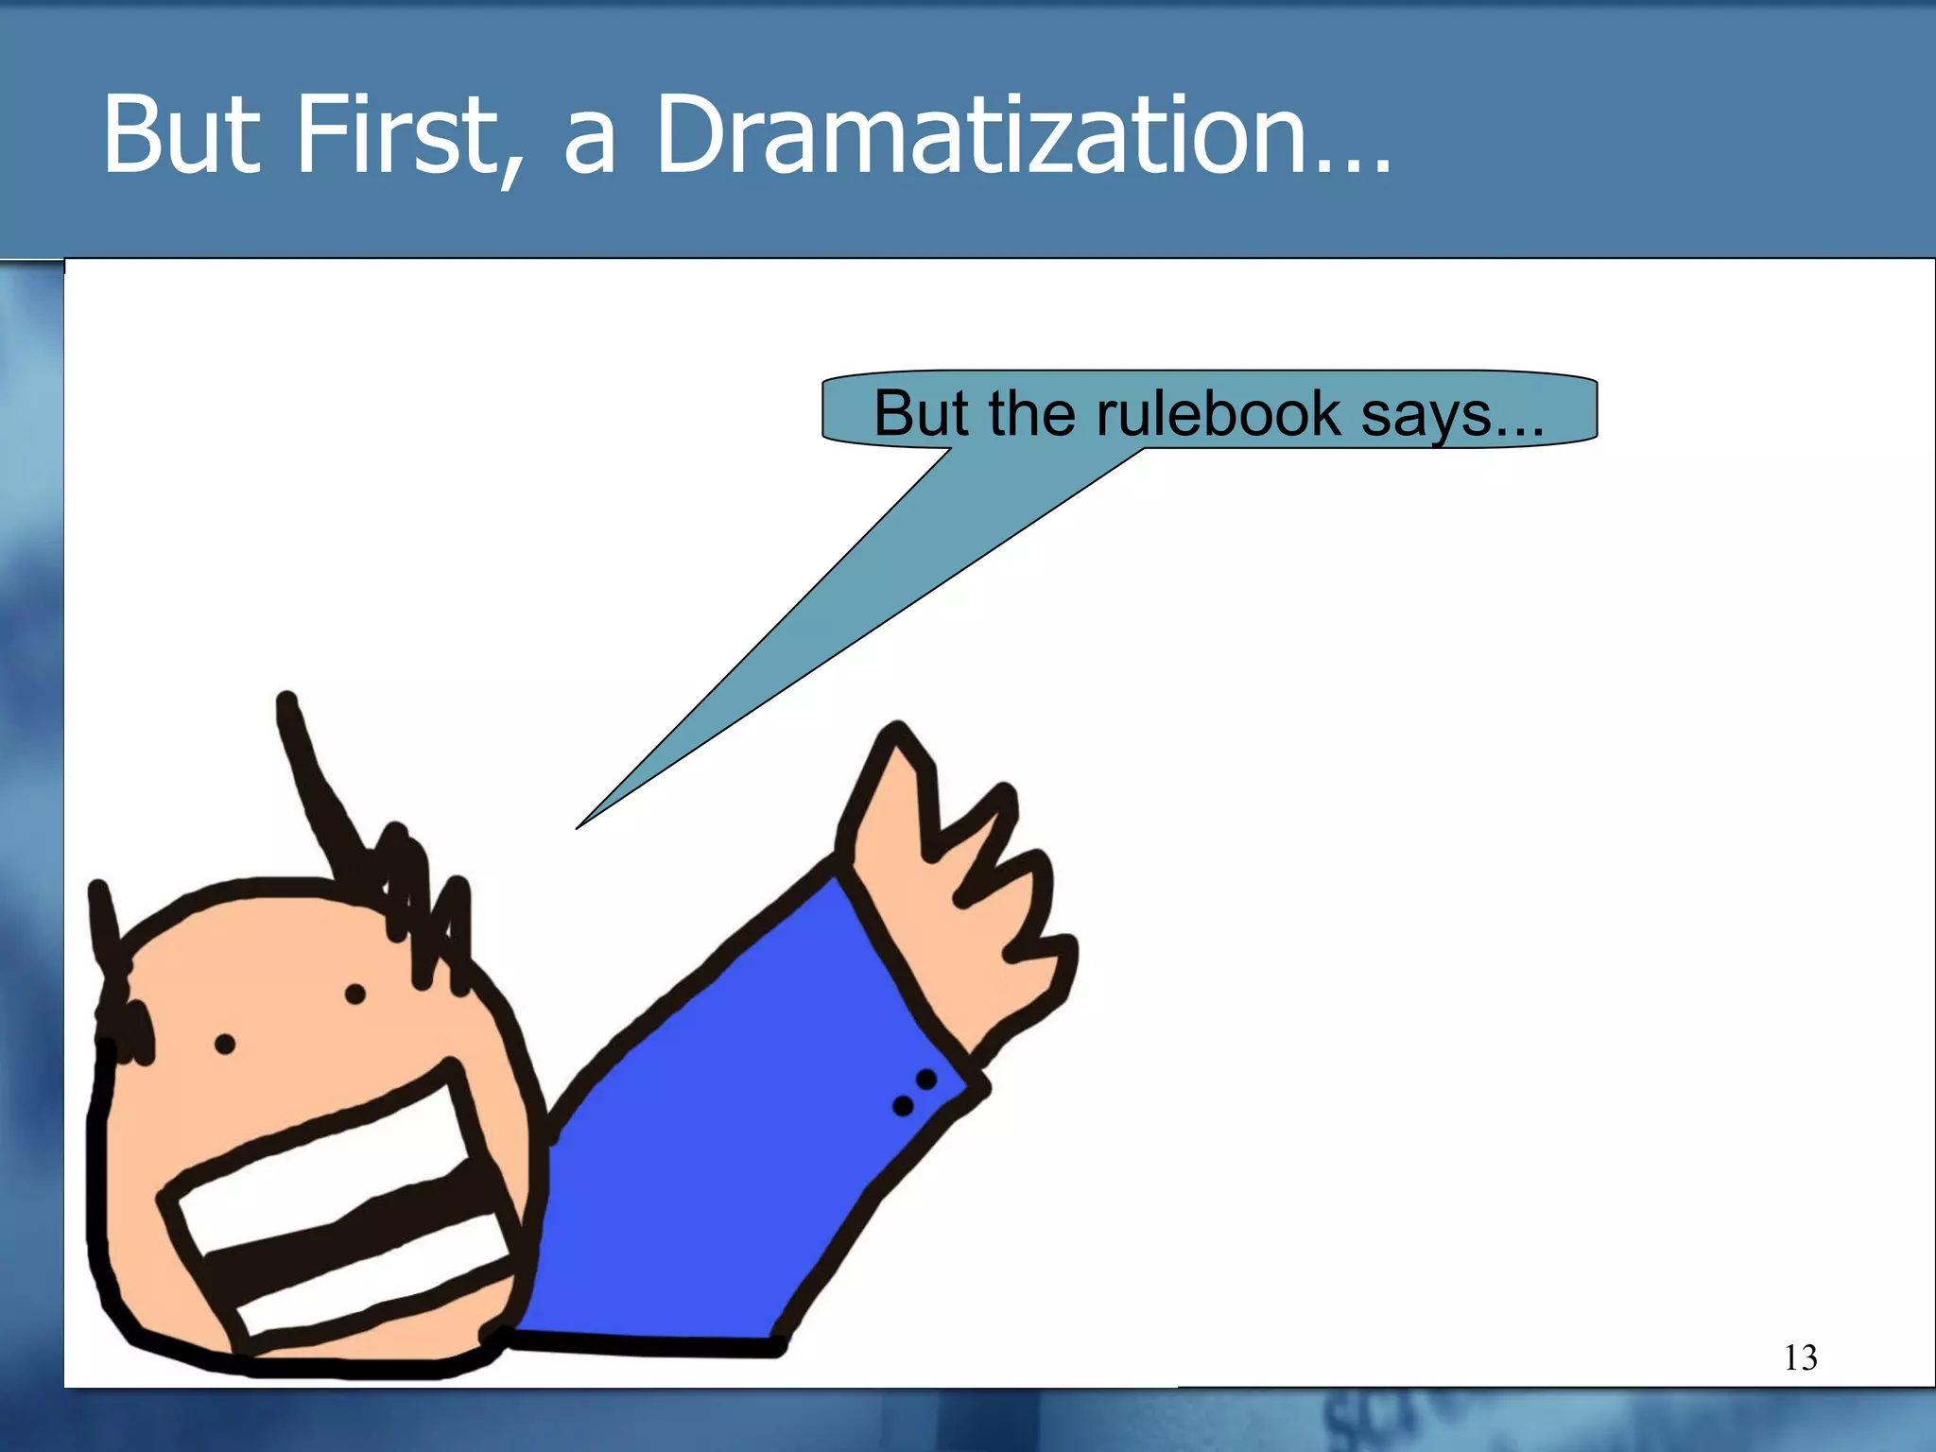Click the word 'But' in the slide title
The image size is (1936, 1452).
pos(181,134)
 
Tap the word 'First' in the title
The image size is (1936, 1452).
pos(397,134)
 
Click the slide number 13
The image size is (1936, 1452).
pos(1800,1357)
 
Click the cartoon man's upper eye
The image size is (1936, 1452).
pos(355,994)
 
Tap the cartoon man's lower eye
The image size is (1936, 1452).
pos(225,1045)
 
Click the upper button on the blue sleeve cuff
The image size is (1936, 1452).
pos(926,1079)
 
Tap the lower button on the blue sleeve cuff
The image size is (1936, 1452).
pos(903,1105)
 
